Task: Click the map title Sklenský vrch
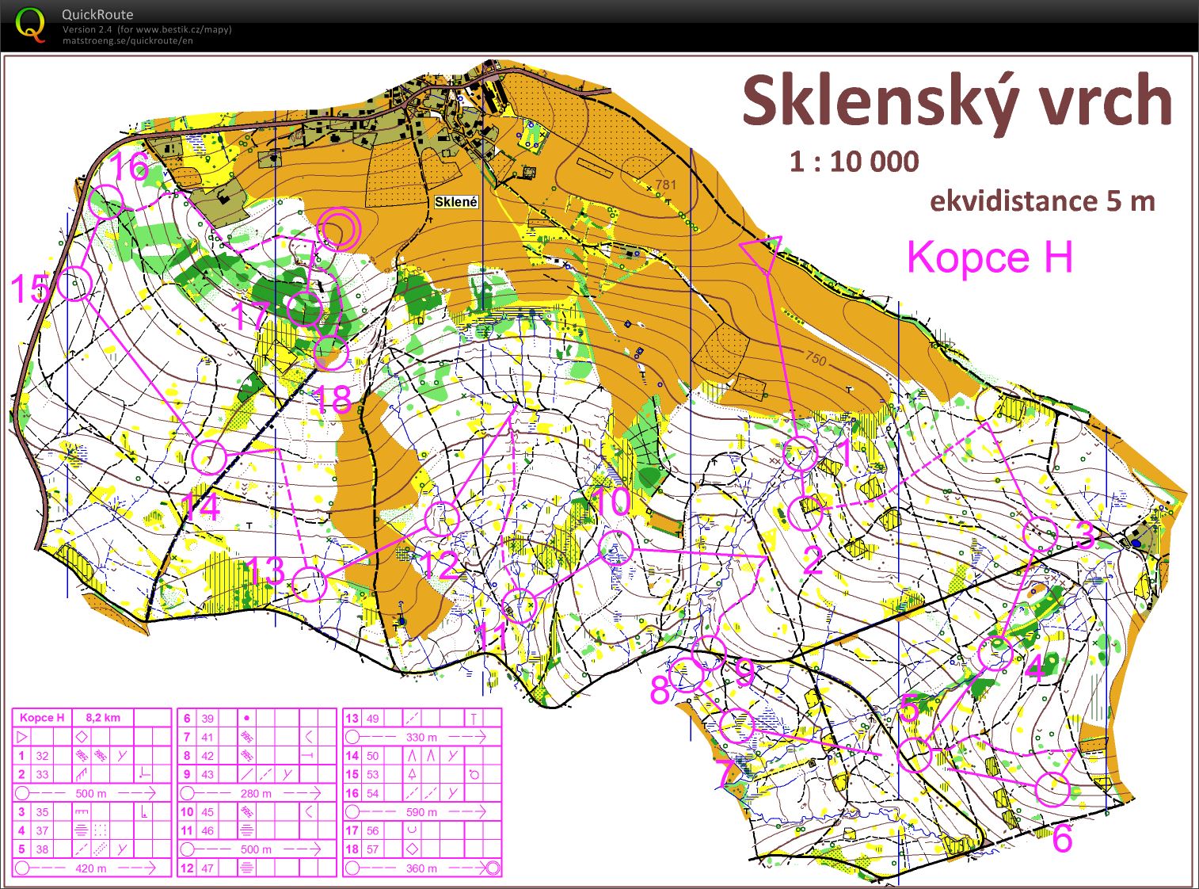pyautogui.click(x=956, y=101)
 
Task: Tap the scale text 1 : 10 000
pyautogui.click(x=854, y=162)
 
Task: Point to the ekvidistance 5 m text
pyautogui.click(x=1041, y=201)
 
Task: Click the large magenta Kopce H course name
pyautogui.click(x=989, y=258)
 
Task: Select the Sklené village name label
pyautogui.click(x=456, y=202)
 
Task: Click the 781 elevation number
pyautogui.click(x=666, y=185)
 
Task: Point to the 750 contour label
pyautogui.click(x=816, y=359)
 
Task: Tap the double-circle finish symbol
pyautogui.click(x=339, y=229)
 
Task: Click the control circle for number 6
pyautogui.click(x=1052, y=789)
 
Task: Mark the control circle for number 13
pyautogui.click(x=309, y=583)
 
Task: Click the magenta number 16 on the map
pyautogui.click(x=130, y=167)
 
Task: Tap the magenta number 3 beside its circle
pyautogui.click(x=1085, y=536)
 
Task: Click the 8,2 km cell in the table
pyautogui.click(x=103, y=718)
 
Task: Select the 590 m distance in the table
pyautogui.click(x=421, y=811)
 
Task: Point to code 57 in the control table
pyautogui.click(x=372, y=849)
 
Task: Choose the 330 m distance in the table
pyautogui.click(x=421, y=737)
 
